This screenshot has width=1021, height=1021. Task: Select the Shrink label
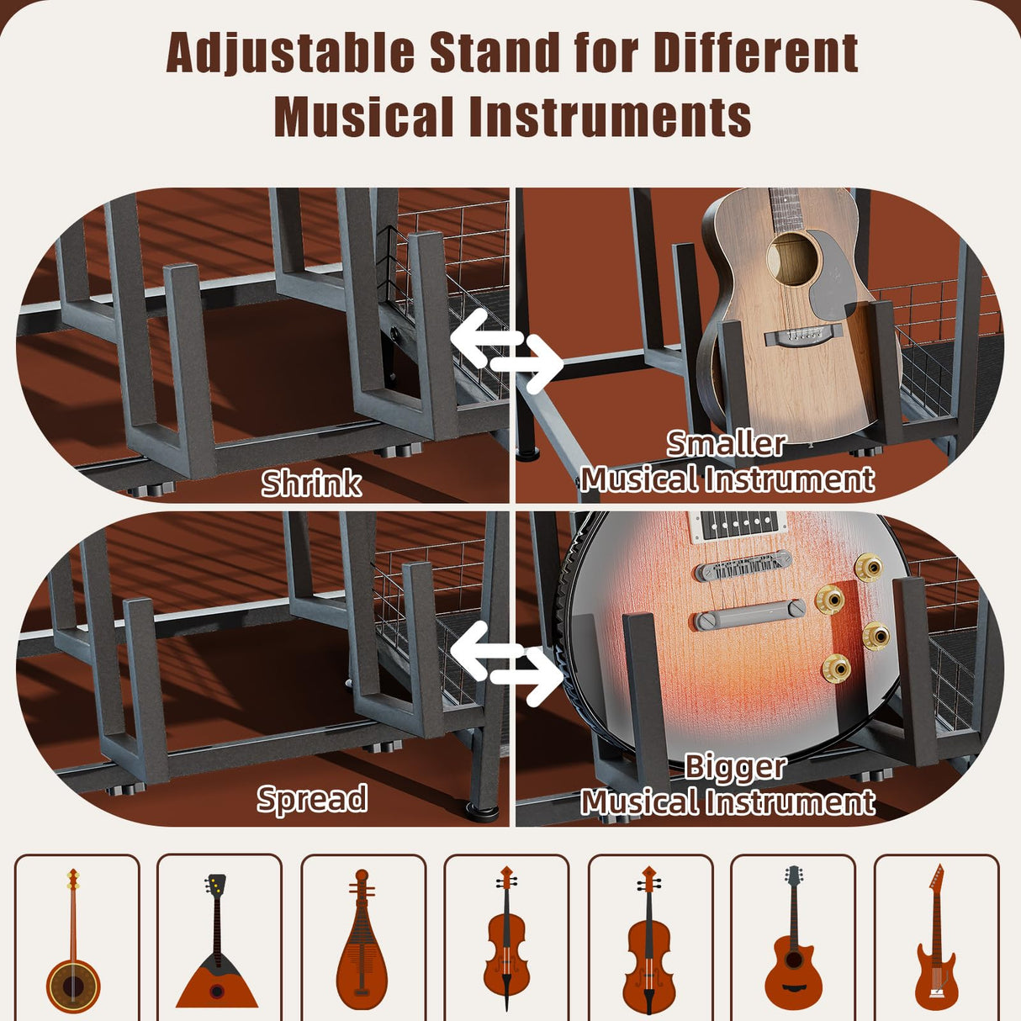coord(311,484)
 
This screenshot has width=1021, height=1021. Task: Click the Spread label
coord(312,798)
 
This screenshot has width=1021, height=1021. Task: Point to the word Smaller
coord(727,443)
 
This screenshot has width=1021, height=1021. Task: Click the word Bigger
coord(734,766)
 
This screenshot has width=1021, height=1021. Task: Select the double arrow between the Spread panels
coord(507,664)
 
